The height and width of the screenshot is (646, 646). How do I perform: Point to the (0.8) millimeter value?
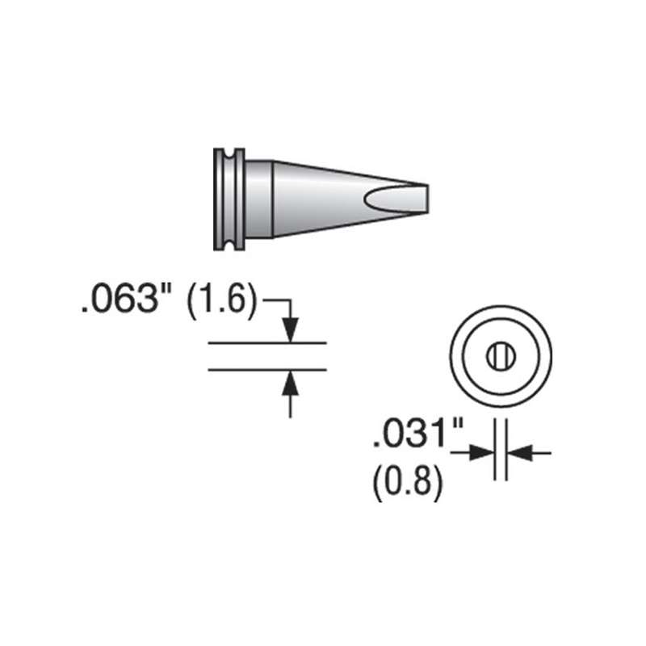point(409,484)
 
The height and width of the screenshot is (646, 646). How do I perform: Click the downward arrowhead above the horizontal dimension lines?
point(291,329)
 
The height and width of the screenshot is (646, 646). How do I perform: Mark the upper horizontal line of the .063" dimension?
point(266,342)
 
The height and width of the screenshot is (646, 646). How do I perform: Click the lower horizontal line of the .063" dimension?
point(266,370)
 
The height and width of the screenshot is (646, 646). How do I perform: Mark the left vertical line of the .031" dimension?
point(494,452)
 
